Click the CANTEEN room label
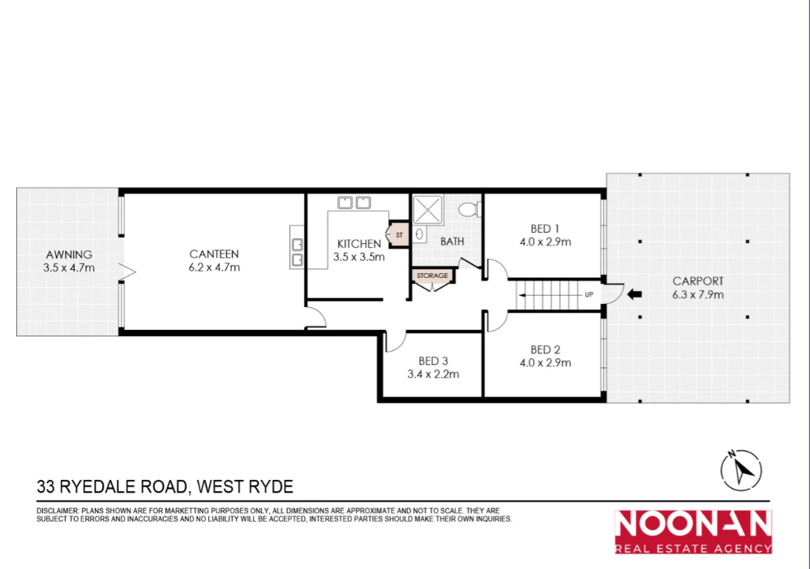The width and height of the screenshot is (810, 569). coord(214,254)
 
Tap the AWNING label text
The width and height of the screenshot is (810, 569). coord(69,254)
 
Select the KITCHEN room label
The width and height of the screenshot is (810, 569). coord(358,244)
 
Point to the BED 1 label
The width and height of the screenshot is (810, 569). coord(545,229)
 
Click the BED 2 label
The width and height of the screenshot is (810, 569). coord(545,350)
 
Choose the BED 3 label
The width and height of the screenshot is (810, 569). coord(433,361)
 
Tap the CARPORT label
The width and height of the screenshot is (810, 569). coord(698,281)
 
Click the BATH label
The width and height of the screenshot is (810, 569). coord(452,242)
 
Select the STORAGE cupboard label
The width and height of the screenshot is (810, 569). coord(432,276)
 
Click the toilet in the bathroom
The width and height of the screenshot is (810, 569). coord(469,210)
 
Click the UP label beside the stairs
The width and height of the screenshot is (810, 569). coord(589,294)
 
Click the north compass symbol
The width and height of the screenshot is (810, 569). coord(739,468)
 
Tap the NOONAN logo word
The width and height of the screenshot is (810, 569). coord(692,524)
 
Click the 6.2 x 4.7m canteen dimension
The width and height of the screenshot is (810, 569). coord(214,267)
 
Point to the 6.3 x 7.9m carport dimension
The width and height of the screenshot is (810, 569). coord(698,294)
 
